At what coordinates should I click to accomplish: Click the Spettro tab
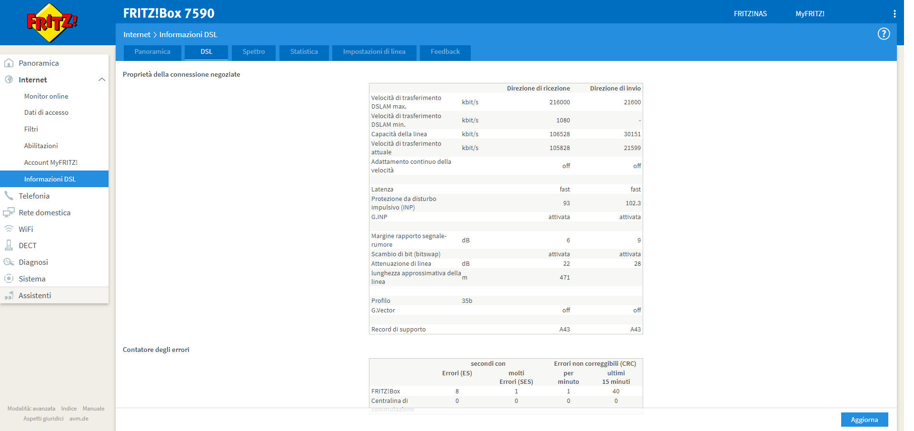254,52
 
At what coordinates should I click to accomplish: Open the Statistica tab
304,52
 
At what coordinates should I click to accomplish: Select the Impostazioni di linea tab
374,52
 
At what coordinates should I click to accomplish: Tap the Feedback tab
445,52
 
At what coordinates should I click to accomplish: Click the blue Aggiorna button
864,420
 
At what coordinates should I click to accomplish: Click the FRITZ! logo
52,22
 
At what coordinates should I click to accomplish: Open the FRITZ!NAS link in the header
750,14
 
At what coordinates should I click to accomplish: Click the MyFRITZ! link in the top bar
810,14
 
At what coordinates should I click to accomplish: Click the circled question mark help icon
884,34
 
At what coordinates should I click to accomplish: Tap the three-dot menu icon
894,14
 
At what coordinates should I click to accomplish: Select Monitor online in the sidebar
46,96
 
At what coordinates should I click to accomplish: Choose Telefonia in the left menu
34,196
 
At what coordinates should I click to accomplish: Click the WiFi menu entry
26,229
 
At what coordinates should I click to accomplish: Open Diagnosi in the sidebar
33,262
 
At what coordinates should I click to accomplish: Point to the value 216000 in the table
559,102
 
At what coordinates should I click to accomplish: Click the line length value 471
565,278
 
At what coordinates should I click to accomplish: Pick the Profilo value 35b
467,301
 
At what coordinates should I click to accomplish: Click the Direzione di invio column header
615,89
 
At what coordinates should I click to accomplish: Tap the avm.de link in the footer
79,419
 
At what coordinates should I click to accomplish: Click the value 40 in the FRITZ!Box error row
616,391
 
